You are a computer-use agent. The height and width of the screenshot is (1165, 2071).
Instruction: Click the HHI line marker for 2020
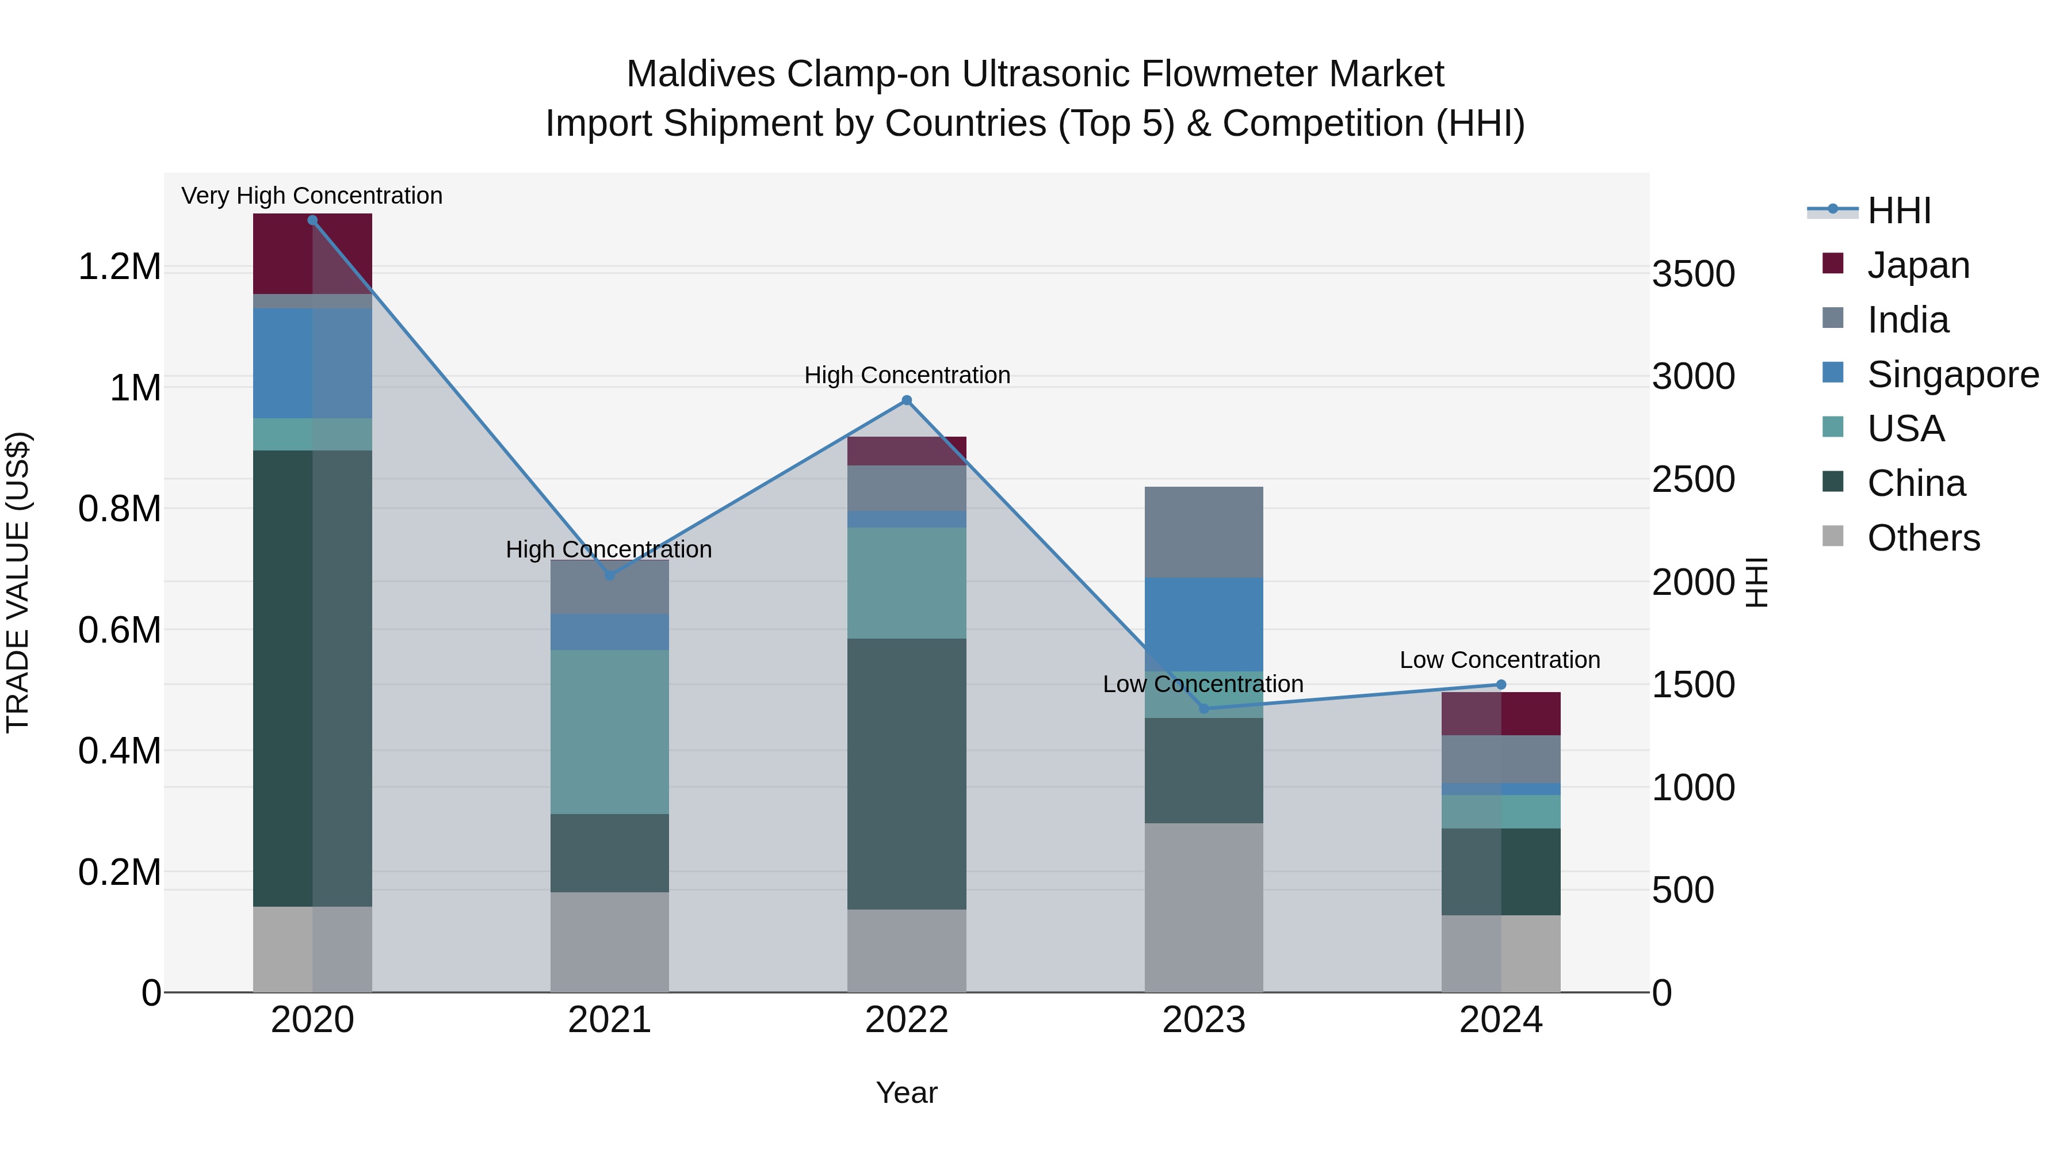coord(313,220)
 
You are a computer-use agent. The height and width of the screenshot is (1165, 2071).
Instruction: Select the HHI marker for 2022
coord(907,400)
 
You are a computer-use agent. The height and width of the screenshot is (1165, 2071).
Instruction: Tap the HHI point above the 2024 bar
coord(1501,685)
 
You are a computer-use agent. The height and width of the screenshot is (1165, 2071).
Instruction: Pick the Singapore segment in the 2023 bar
coord(1203,625)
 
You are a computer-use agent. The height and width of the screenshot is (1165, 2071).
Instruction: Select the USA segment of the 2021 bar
coord(609,732)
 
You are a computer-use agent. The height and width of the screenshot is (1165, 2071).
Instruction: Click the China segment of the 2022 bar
coord(907,773)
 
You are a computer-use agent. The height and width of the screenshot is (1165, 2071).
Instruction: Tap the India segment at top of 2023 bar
coord(1203,532)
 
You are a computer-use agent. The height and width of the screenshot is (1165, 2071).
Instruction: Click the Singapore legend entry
coord(1952,375)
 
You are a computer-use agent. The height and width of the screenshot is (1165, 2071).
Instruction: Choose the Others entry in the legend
coord(1923,538)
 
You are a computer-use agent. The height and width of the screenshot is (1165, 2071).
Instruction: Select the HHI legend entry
coord(1899,211)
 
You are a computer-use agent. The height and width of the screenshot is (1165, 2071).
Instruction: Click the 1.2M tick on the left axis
coord(120,267)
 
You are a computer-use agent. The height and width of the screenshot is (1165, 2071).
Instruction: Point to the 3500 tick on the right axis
coord(1693,274)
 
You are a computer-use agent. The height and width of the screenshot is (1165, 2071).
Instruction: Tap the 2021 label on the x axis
coord(609,1020)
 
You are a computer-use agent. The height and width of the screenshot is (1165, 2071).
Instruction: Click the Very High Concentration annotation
coord(312,196)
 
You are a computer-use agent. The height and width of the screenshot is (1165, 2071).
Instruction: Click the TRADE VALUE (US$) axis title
coord(18,582)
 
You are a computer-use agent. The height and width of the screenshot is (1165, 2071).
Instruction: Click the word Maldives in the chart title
coord(700,74)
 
